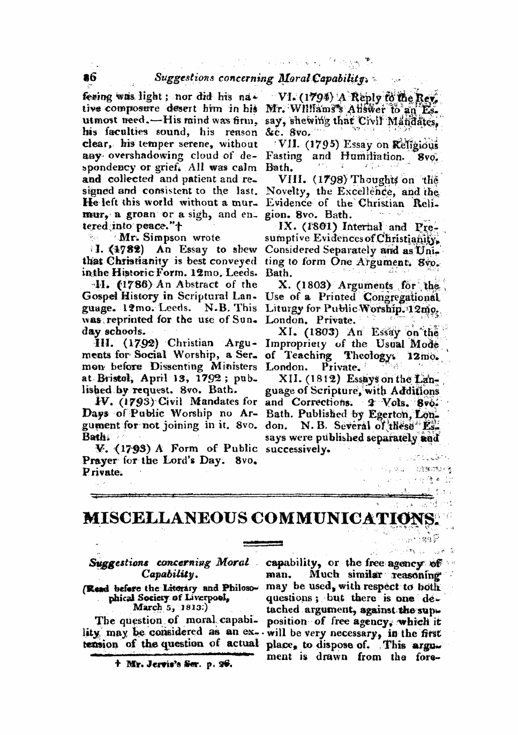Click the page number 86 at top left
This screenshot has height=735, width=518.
click(88, 78)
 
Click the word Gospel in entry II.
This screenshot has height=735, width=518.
click(100, 296)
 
